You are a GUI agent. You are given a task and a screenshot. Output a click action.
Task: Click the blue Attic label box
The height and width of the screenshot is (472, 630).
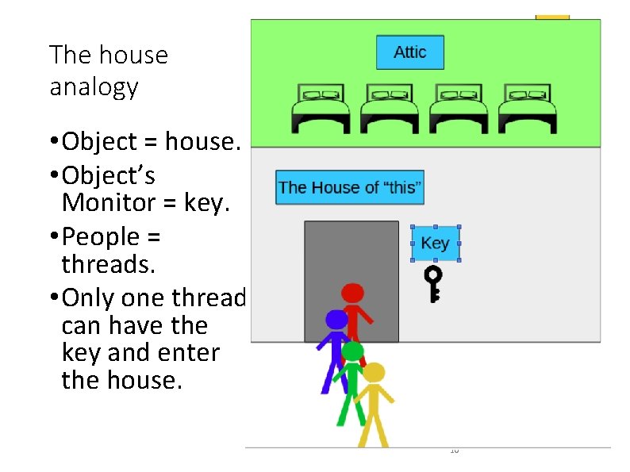(x=409, y=52)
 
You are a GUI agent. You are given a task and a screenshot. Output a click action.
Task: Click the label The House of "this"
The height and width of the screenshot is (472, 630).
(x=350, y=188)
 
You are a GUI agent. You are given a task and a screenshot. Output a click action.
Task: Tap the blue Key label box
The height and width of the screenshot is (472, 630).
(x=435, y=244)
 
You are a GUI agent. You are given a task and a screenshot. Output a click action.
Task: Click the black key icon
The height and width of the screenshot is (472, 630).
(x=433, y=284)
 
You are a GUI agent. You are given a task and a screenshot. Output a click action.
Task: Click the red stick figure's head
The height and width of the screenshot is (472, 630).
(x=352, y=294)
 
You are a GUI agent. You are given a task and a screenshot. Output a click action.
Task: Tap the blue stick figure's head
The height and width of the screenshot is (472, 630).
(x=336, y=320)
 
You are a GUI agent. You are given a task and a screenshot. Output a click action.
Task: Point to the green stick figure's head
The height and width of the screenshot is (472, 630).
(x=352, y=351)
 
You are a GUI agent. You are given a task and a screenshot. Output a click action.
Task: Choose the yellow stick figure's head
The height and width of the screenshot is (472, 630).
(x=373, y=373)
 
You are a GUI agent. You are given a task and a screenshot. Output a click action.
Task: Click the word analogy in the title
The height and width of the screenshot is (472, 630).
(x=94, y=86)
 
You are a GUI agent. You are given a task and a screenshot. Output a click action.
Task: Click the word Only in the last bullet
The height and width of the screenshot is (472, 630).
(x=89, y=297)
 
